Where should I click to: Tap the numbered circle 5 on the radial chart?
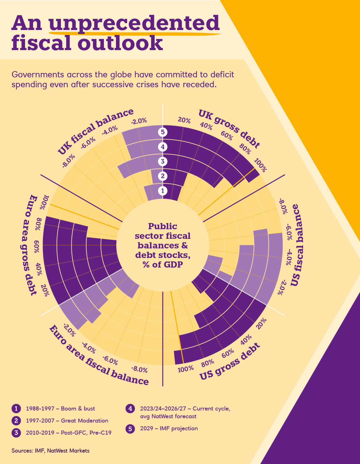coord(163,132)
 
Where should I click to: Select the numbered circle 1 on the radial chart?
coord(163,191)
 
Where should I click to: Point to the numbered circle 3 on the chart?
coord(163,161)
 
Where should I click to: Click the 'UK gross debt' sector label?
coord(229,128)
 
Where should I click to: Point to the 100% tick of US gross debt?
coord(186,369)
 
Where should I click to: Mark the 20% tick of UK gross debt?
coord(184,120)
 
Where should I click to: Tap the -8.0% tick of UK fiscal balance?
coord(68,161)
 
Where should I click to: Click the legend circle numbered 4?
coord(130,409)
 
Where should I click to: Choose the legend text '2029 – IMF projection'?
coord(169,428)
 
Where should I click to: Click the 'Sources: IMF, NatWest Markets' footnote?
coord(50,451)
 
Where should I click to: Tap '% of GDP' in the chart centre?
coord(163,264)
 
